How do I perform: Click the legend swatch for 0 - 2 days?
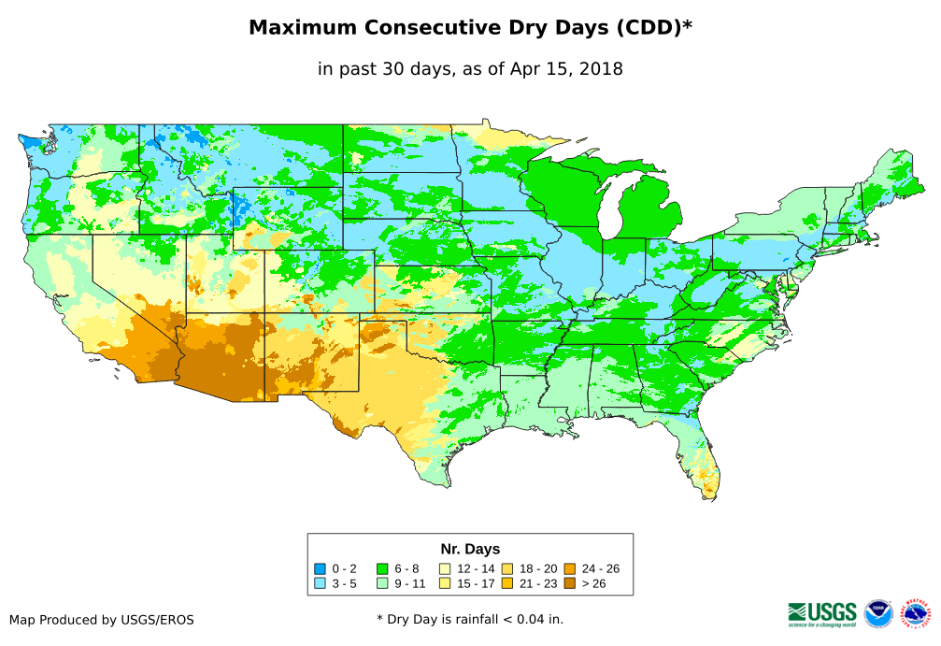click(x=320, y=568)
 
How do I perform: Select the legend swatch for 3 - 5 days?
click(x=320, y=583)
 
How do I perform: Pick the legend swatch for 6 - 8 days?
click(x=382, y=568)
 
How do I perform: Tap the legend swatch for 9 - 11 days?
click(x=382, y=583)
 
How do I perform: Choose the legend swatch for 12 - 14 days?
click(x=445, y=568)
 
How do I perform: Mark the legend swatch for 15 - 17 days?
click(x=445, y=583)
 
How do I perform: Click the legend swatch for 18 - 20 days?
click(x=506, y=568)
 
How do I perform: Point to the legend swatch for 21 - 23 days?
click(x=506, y=583)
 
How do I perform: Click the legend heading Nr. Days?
click(x=470, y=549)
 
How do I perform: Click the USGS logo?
click(x=822, y=613)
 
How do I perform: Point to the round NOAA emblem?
click(x=878, y=613)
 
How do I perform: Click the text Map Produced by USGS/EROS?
click(x=102, y=620)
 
